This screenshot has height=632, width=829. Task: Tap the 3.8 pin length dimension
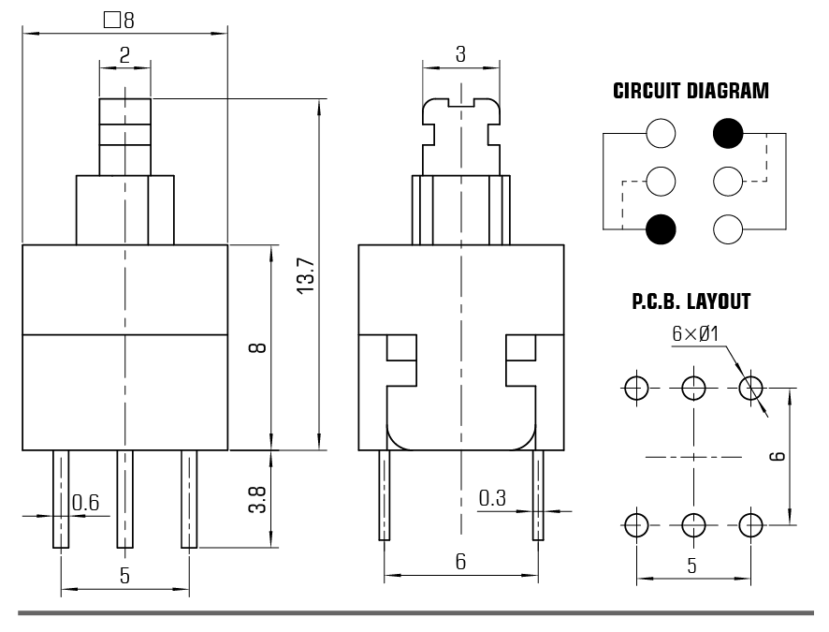tap(257, 498)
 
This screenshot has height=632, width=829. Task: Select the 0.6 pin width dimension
tap(86, 503)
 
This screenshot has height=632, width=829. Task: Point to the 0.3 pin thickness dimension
tap(493, 499)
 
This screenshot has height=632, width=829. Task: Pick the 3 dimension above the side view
tap(460, 54)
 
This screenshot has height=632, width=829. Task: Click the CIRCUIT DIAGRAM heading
tap(691, 92)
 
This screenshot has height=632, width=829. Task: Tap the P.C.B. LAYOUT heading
tap(691, 301)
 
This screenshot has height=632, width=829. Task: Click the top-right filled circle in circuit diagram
tap(728, 134)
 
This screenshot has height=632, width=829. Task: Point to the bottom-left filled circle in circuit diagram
tap(661, 228)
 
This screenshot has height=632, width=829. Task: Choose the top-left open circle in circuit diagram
tap(661, 134)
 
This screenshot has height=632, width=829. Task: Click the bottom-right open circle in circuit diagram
tap(728, 228)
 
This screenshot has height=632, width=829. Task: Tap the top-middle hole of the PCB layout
tap(693, 387)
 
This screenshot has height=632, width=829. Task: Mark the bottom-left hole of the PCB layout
tap(637, 524)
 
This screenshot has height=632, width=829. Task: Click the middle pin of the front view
tap(124, 498)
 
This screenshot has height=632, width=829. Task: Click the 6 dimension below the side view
tap(460, 562)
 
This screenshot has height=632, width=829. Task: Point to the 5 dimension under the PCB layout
tap(692, 566)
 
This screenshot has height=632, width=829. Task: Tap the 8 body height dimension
tap(257, 347)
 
